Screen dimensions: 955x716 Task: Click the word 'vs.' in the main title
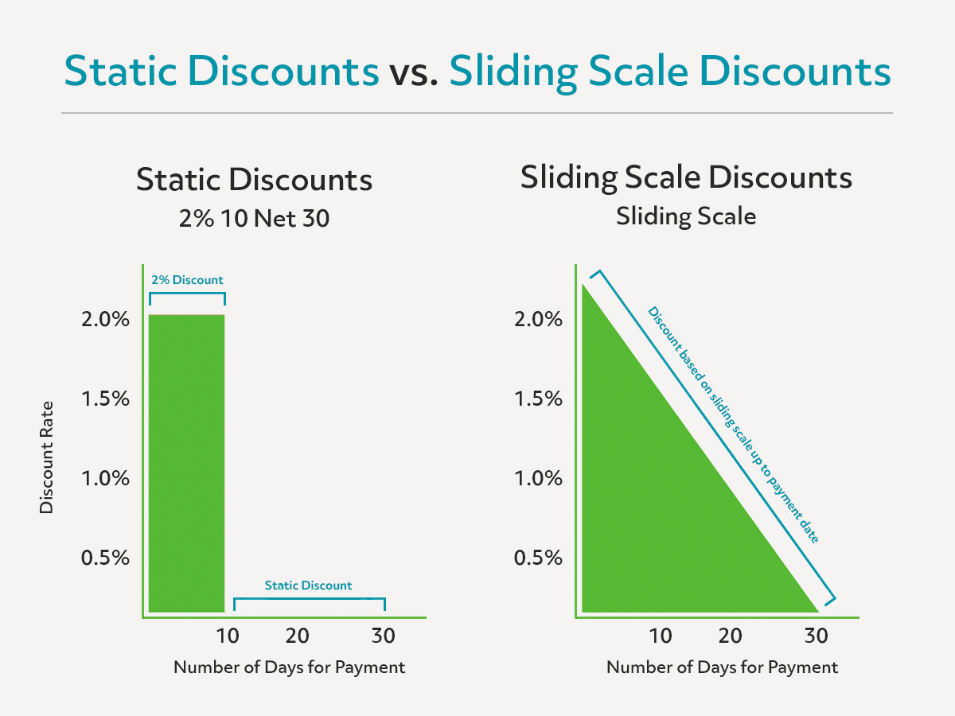point(413,72)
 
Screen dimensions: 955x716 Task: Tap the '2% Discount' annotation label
point(187,280)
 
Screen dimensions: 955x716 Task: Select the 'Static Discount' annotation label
point(308,586)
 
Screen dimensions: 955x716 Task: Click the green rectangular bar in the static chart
point(187,463)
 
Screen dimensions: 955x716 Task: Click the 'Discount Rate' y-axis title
point(46,457)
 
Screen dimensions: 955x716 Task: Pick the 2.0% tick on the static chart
point(105,320)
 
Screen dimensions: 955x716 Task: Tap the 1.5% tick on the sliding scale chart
point(538,399)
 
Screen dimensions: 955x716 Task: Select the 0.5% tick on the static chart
point(105,558)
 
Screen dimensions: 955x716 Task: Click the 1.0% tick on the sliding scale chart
point(538,478)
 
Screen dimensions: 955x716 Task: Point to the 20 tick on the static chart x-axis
point(297,636)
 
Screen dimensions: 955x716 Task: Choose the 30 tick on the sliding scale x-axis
point(817,636)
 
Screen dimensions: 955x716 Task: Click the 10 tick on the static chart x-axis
point(228,636)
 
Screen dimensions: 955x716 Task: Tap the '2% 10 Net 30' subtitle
point(254,218)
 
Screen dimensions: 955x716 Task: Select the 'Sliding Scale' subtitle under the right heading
point(686,216)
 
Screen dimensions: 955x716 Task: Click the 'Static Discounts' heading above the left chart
point(254,180)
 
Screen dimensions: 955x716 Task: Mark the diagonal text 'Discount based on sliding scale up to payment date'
point(734,425)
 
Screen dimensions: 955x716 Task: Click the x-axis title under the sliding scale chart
point(723,667)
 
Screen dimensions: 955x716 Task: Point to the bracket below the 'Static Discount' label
point(310,599)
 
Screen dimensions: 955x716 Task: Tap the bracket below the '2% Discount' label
point(187,294)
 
